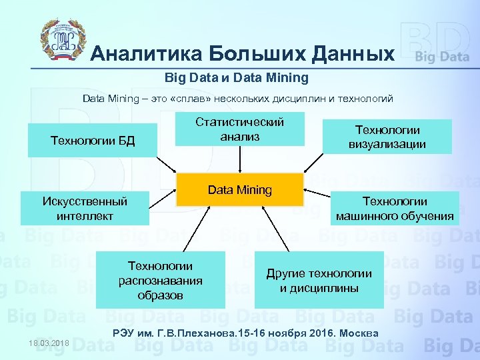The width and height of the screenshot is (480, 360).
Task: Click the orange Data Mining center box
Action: coord(240,190)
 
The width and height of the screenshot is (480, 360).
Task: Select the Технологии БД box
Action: coord(93,140)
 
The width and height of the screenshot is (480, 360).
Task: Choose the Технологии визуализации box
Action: coord(387,137)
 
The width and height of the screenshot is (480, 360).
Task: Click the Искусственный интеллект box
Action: coord(85,209)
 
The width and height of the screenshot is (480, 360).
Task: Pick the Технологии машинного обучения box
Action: coord(395,209)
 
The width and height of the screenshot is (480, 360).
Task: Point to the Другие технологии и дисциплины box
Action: coord(319,280)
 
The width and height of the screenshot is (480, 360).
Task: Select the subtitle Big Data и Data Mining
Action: coord(237,78)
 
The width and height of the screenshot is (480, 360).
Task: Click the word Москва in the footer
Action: coord(361,333)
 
